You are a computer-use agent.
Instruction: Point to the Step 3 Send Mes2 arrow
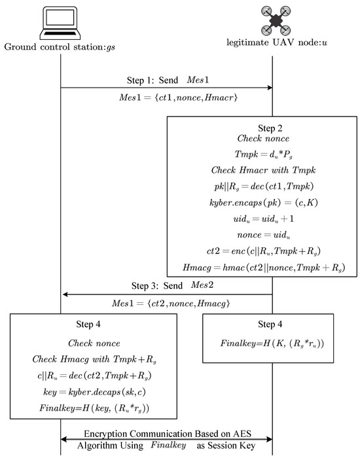point(166,295)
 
